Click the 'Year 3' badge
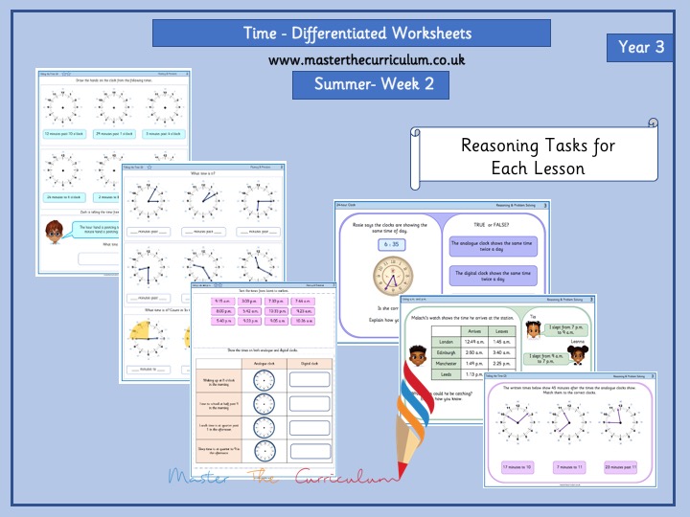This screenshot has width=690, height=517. (644, 47)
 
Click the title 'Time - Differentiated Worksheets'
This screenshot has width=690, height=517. (352, 33)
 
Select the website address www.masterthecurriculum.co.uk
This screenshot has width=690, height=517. (352, 59)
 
